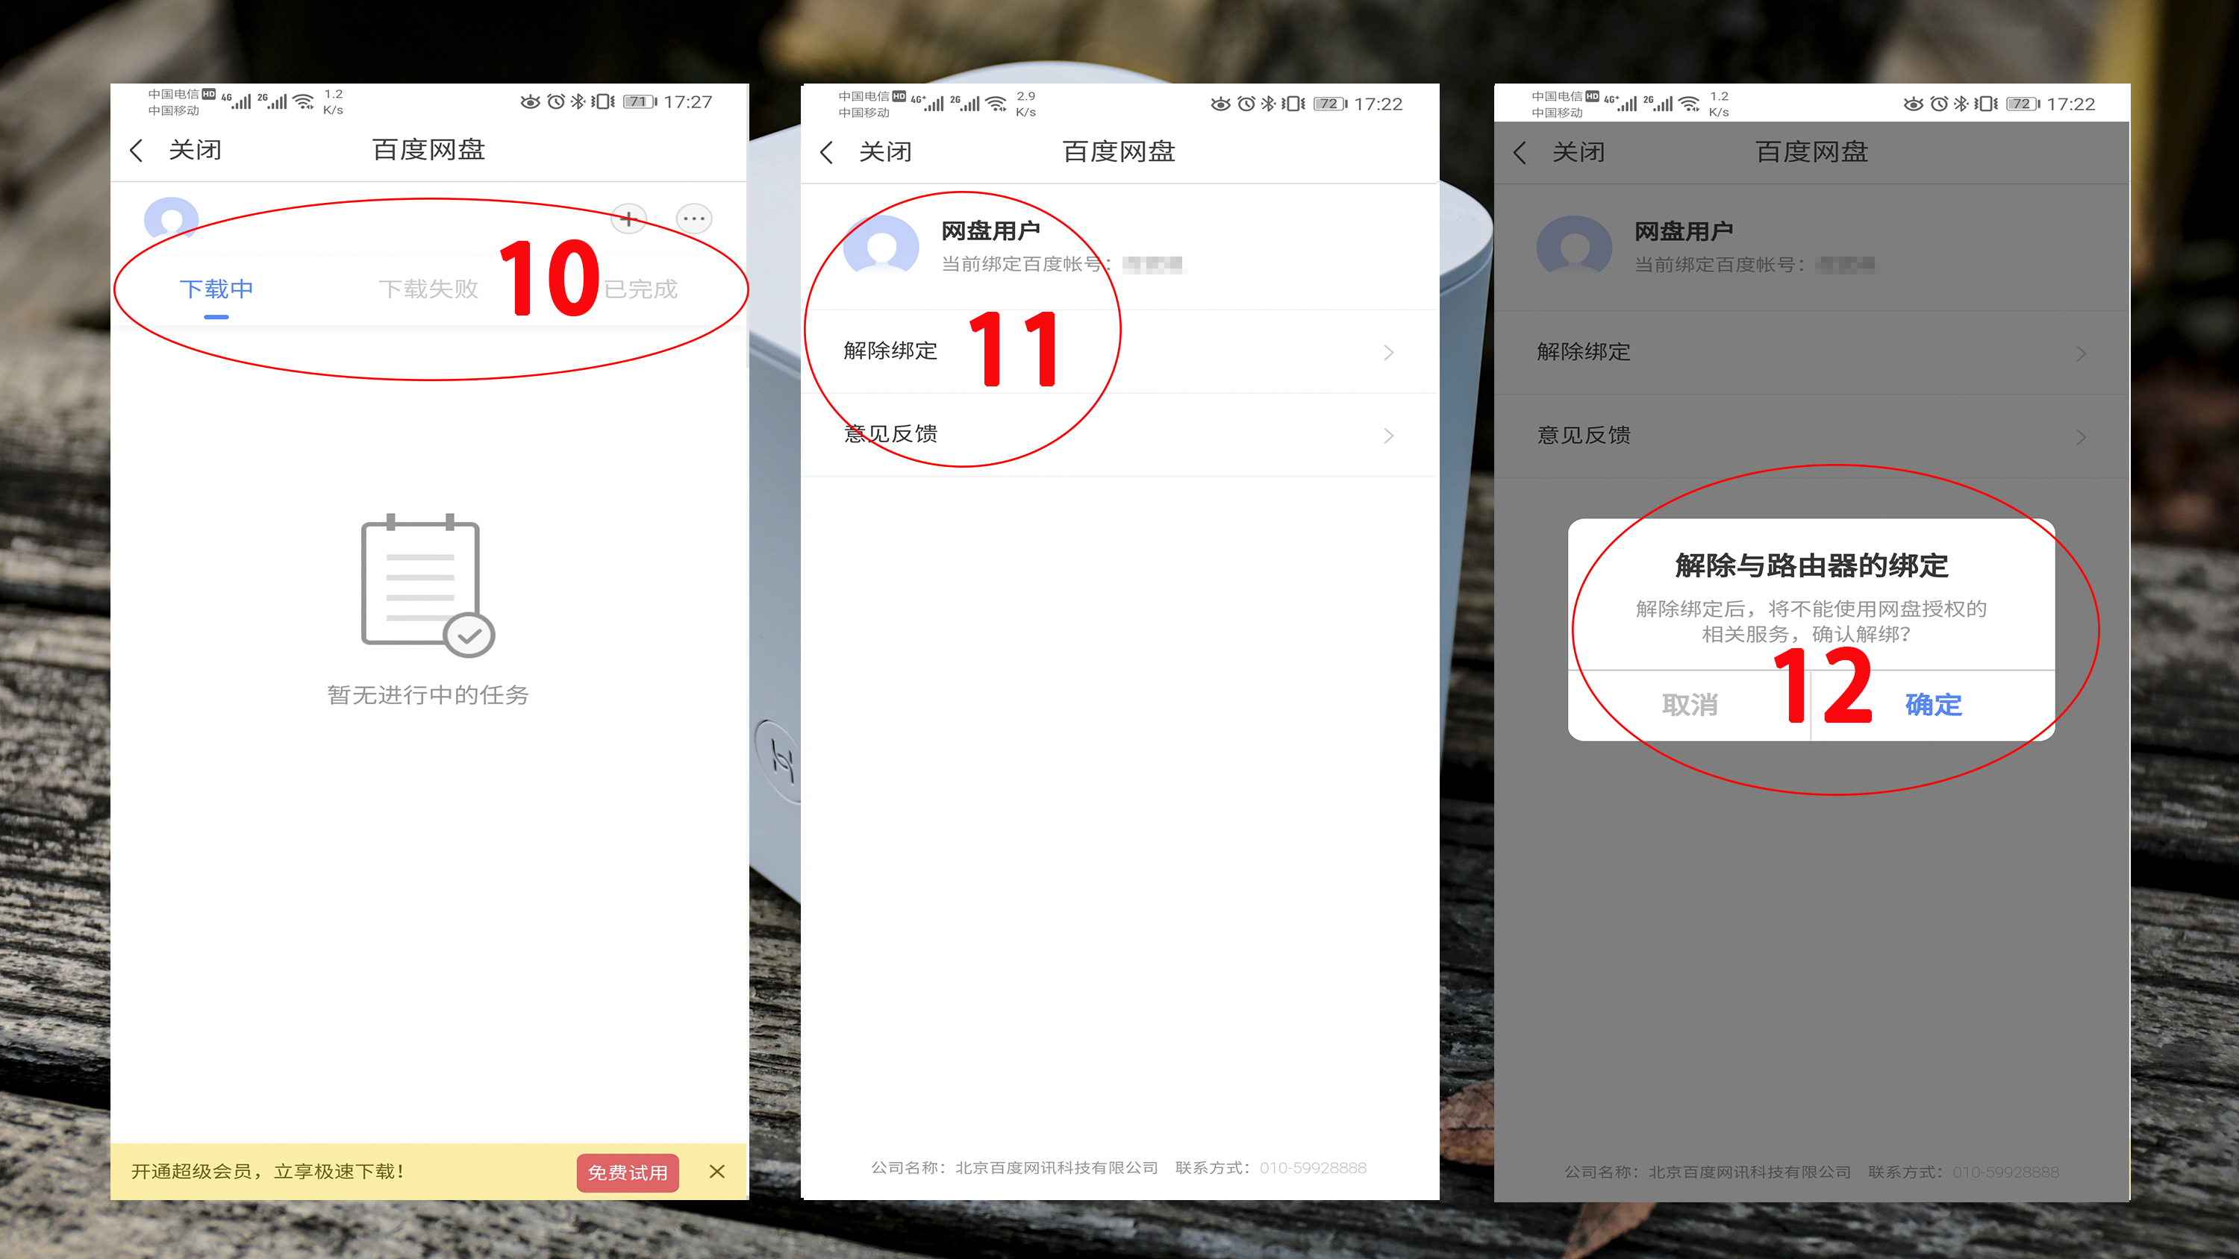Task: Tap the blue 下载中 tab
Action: [216, 289]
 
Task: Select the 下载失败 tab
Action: [428, 289]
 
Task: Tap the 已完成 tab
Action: [640, 289]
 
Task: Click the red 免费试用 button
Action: [627, 1172]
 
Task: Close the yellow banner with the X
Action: [717, 1171]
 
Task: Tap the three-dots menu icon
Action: [693, 218]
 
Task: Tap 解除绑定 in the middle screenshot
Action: [890, 351]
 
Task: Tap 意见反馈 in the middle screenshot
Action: [890, 433]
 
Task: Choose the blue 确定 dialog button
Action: [1933, 705]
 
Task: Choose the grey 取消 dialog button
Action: [1690, 705]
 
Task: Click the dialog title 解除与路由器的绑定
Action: [1811, 565]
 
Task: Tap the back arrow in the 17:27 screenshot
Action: [137, 151]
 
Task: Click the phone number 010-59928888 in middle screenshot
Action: [1313, 1168]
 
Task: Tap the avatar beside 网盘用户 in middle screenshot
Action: [881, 246]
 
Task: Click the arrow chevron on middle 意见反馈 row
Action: [1388, 436]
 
